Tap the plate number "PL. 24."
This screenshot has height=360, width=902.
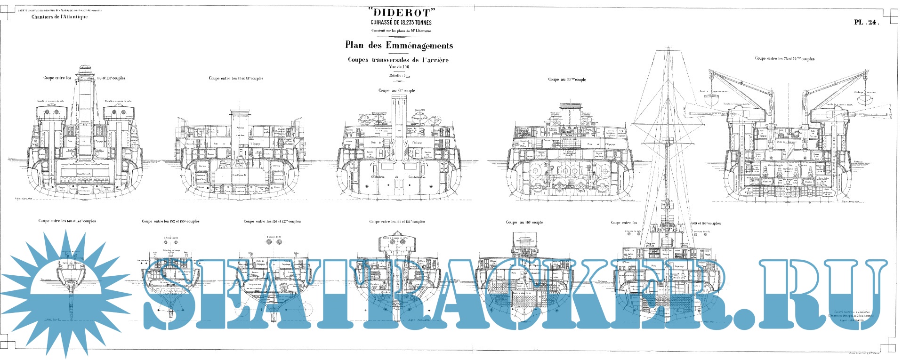tap(866, 22)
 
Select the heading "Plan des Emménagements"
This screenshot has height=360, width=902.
tap(399, 46)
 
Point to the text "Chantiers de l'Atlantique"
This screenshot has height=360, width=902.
tap(60, 17)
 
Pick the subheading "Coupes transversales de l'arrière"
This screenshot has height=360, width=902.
tap(398, 60)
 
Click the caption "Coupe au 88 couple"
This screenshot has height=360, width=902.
tap(396, 90)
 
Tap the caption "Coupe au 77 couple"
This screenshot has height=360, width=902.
tap(567, 80)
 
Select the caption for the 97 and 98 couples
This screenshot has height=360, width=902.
tap(236, 79)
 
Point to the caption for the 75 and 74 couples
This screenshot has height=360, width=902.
tap(784, 59)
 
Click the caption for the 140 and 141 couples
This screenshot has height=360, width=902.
tap(67, 221)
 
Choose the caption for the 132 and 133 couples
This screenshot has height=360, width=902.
tap(170, 221)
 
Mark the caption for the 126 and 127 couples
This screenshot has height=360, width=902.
tap(272, 221)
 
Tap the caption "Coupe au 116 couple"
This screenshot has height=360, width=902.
tap(524, 222)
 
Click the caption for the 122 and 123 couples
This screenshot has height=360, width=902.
tap(397, 222)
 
